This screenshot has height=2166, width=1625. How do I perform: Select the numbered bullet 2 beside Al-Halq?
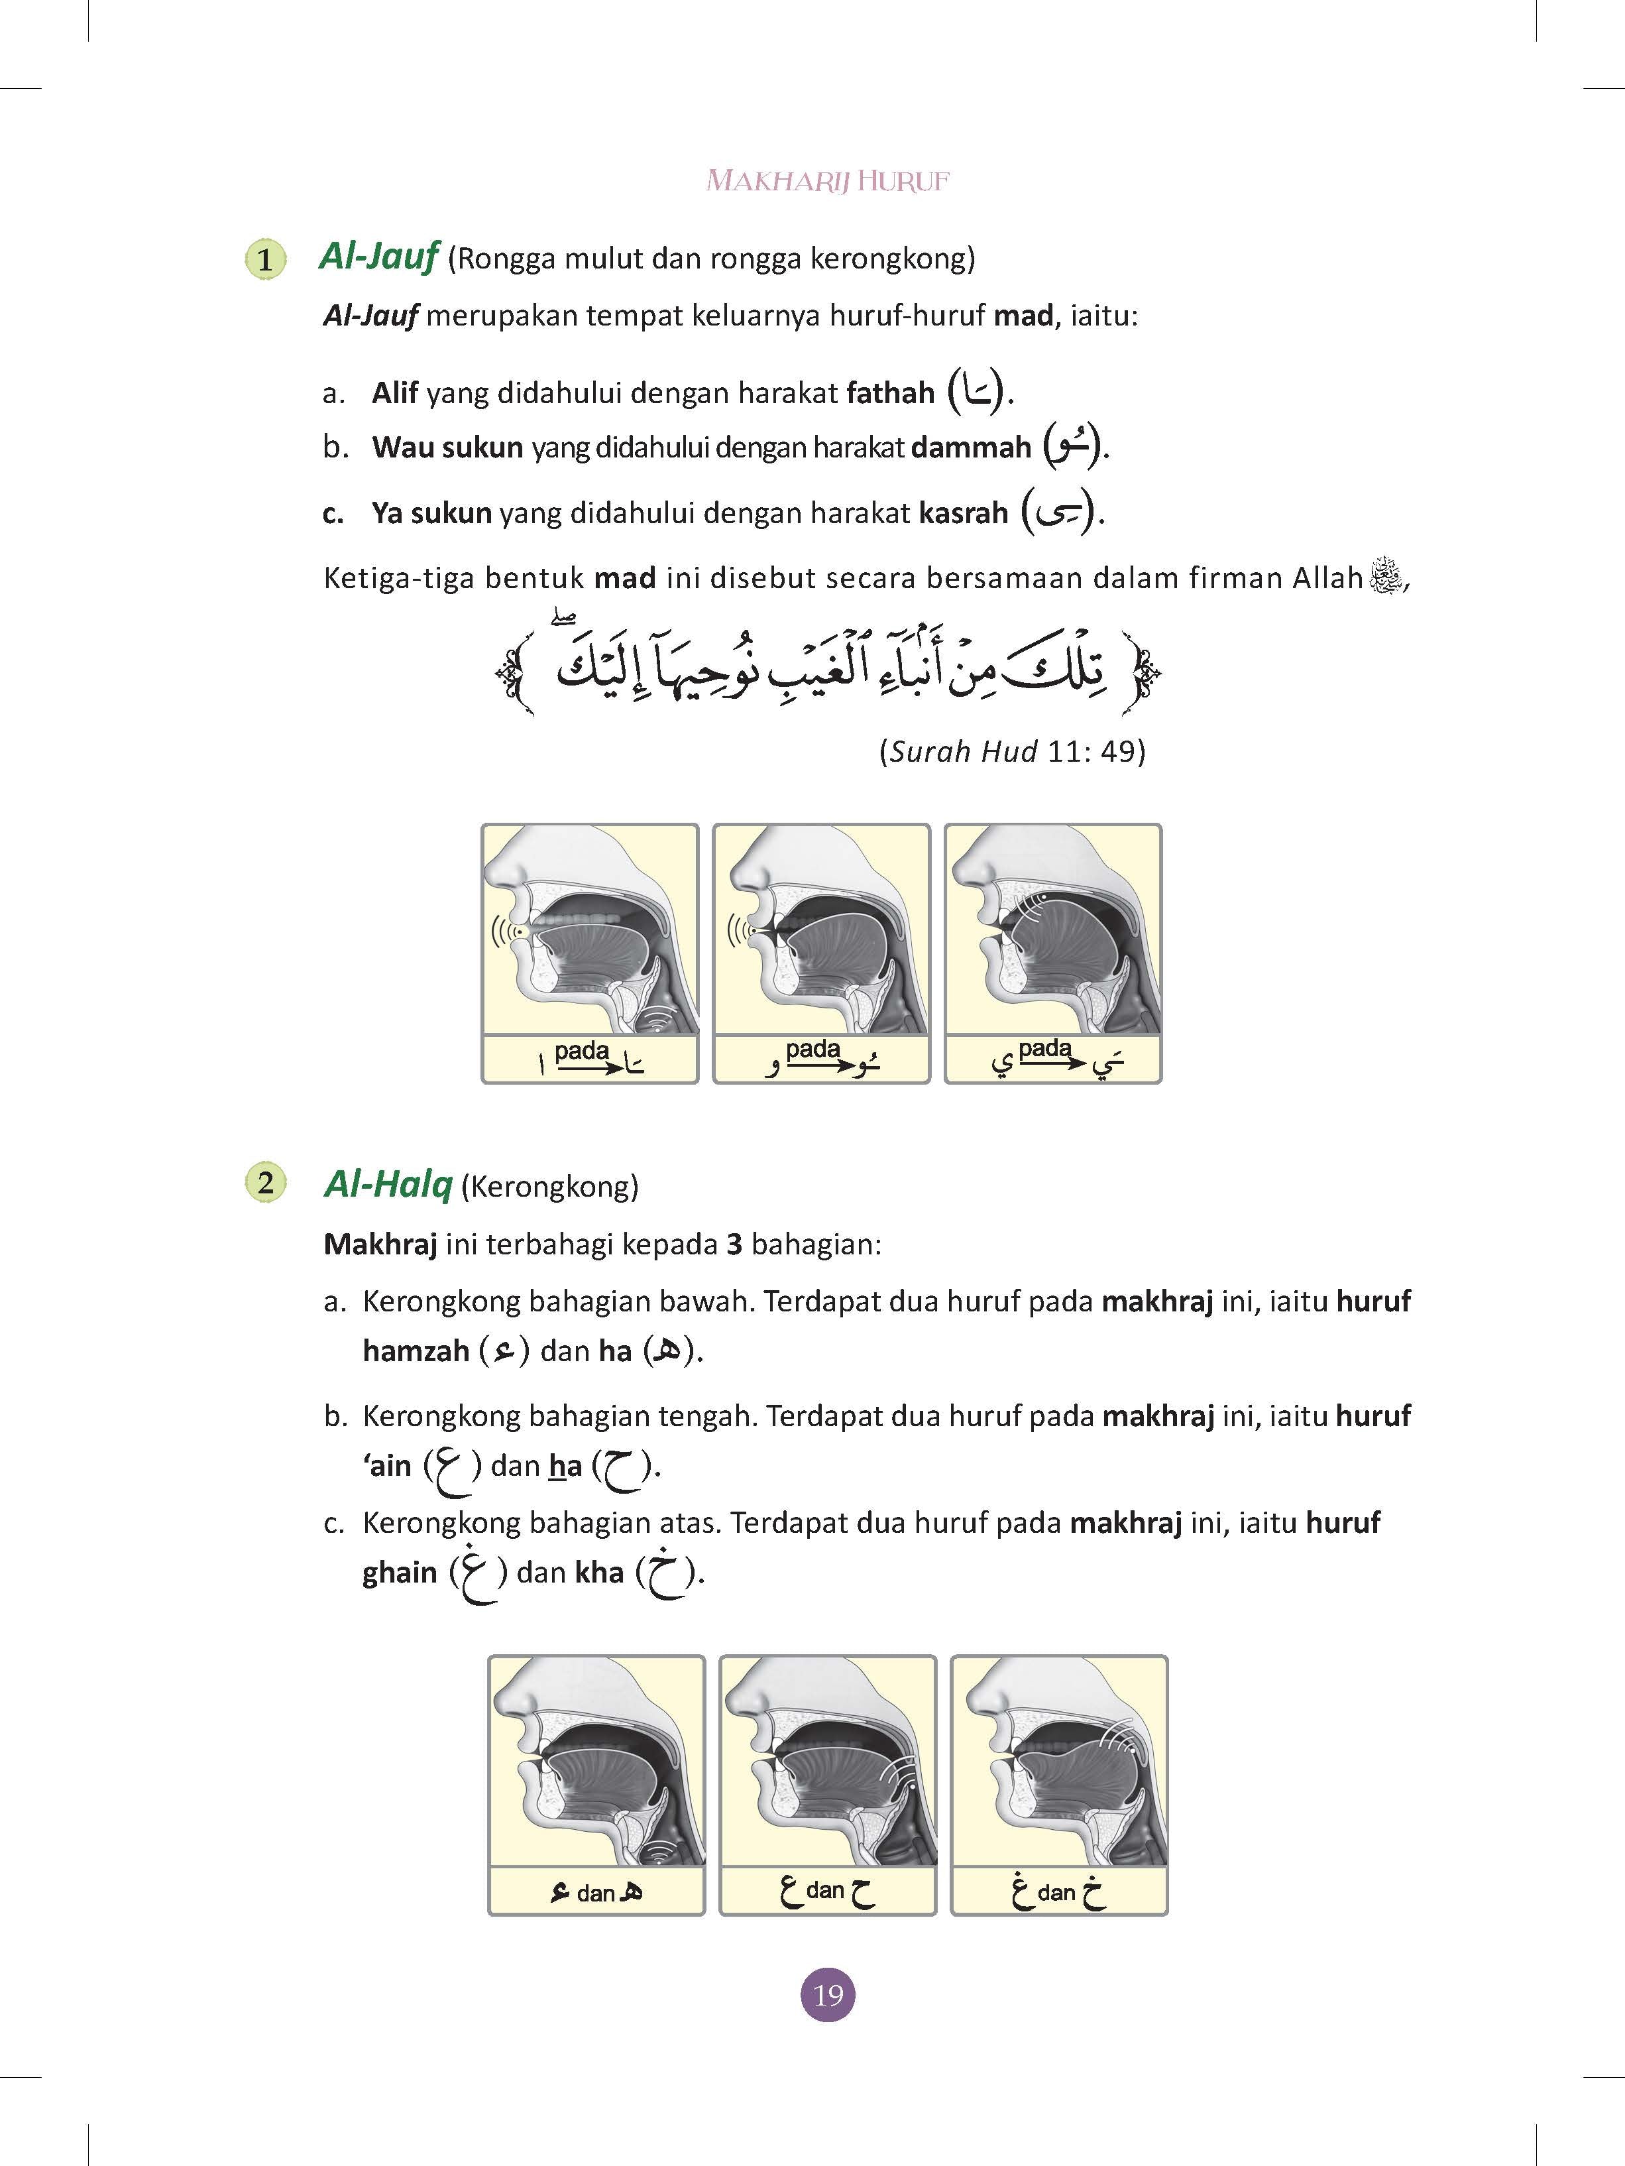pos(264,1182)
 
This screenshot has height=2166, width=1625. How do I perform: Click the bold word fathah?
pos(890,394)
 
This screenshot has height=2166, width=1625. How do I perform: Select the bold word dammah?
pos(970,448)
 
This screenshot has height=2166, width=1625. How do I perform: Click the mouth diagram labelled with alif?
pos(590,930)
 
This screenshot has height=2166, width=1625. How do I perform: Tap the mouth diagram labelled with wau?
pos(821,930)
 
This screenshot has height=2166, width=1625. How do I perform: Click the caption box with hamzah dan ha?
pos(596,1892)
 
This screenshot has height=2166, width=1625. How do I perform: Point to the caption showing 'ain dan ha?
pos(827,1892)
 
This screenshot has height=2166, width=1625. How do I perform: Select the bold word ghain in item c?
pos(400,1573)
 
